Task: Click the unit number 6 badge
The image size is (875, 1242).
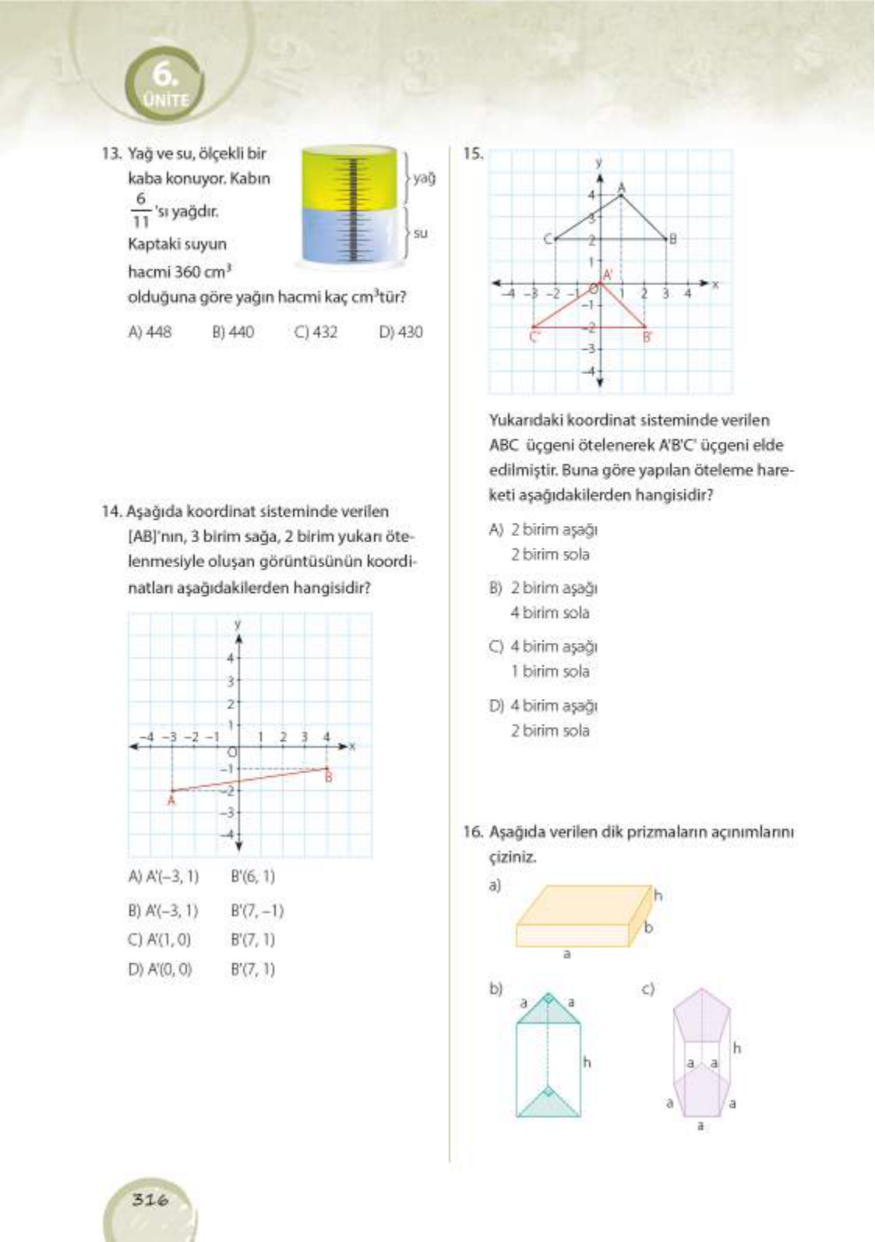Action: point(165,83)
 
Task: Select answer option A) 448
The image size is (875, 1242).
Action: point(150,332)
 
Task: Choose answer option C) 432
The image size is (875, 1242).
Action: point(316,332)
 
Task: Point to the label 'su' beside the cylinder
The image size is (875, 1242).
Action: point(421,232)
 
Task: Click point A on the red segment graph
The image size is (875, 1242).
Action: point(172,792)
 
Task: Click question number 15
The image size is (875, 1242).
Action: point(472,153)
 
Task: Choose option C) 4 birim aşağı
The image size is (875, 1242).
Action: point(543,647)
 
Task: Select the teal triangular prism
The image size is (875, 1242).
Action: point(548,1060)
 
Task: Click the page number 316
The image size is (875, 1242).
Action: point(150,1199)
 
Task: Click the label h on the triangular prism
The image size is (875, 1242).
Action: point(587,1061)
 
